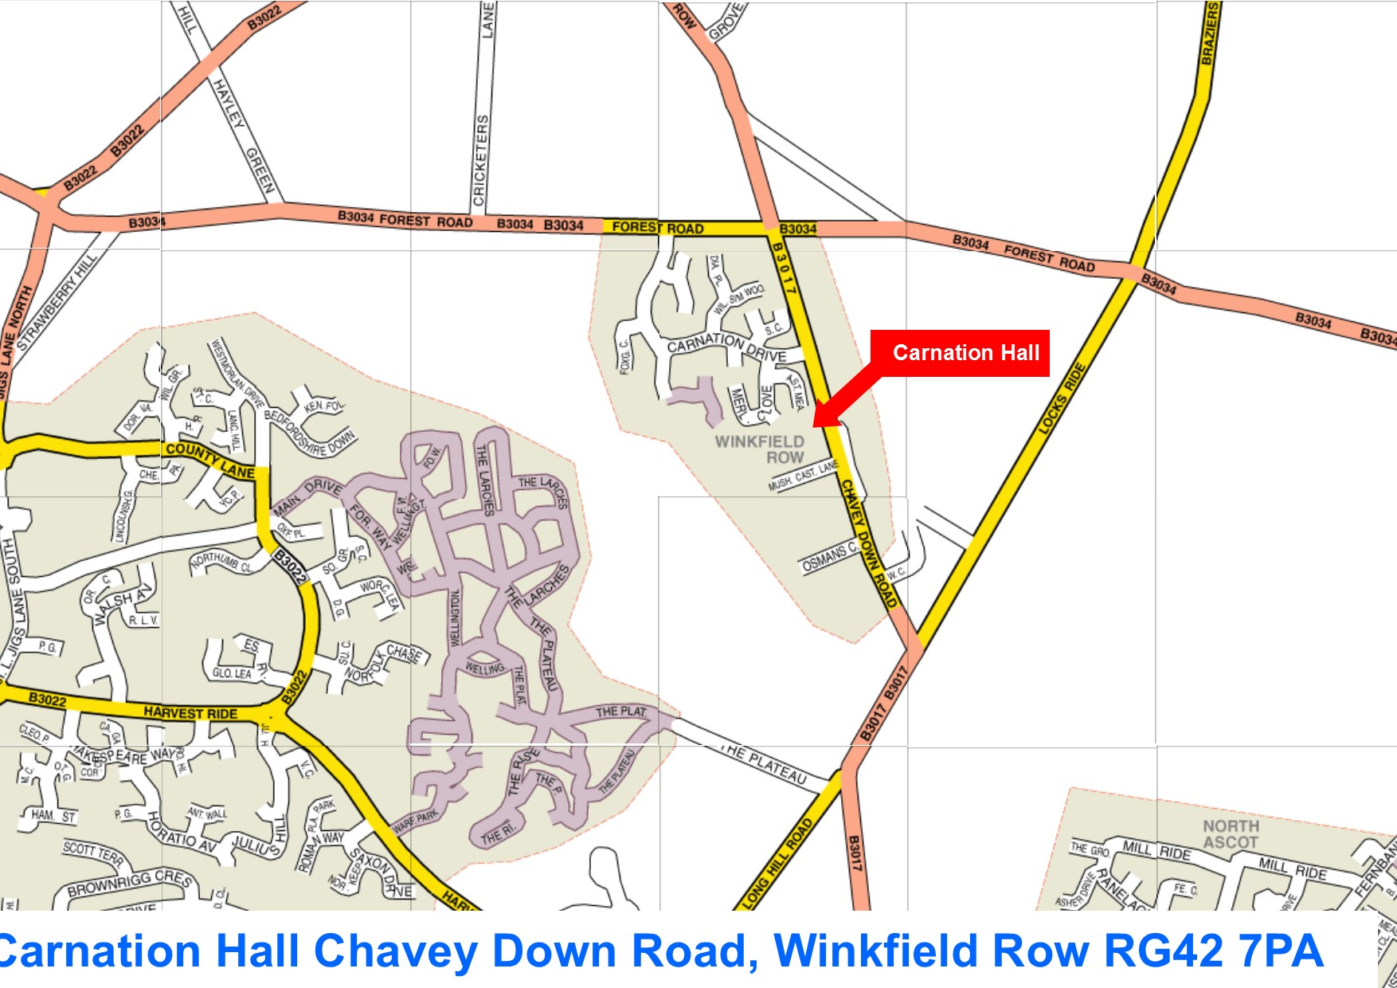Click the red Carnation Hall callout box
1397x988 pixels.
[x=960, y=353]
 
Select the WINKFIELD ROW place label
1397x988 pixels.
[x=760, y=449]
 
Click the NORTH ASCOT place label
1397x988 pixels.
[x=1231, y=834]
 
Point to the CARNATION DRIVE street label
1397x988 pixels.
[x=726, y=347]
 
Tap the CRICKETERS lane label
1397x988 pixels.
[x=480, y=159]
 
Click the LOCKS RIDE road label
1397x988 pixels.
[x=1062, y=398]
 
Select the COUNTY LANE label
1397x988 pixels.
[x=210, y=461]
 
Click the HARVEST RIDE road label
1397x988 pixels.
[x=190, y=712]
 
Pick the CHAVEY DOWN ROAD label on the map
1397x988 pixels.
[x=869, y=543]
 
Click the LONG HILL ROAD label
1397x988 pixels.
[x=777, y=863]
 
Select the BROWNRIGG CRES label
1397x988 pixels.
[x=129, y=883]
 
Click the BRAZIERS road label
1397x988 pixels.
[x=1210, y=33]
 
